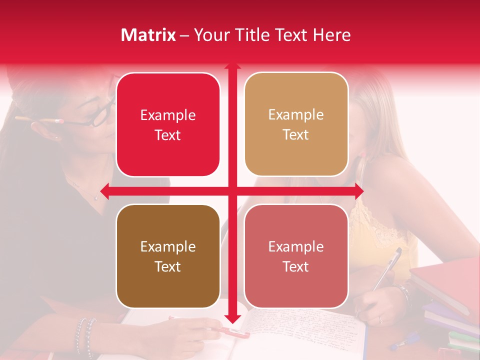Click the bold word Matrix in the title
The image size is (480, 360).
(x=148, y=35)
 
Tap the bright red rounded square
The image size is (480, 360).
(x=168, y=124)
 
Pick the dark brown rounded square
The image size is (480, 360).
(x=168, y=256)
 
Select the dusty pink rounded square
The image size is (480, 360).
(x=296, y=256)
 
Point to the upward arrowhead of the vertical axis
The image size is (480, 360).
(x=232, y=65)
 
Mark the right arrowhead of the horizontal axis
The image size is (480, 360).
(x=359, y=191)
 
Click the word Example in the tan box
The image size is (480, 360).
(x=296, y=115)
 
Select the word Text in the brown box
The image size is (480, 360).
(x=168, y=266)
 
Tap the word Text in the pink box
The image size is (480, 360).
(x=296, y=266)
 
